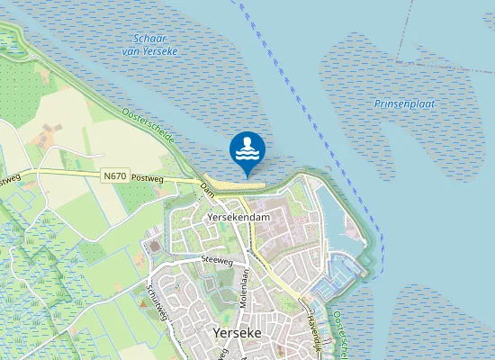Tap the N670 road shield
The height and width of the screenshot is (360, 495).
115,175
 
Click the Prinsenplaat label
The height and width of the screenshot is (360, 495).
404,103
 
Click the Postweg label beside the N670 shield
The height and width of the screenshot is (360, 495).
146,177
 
